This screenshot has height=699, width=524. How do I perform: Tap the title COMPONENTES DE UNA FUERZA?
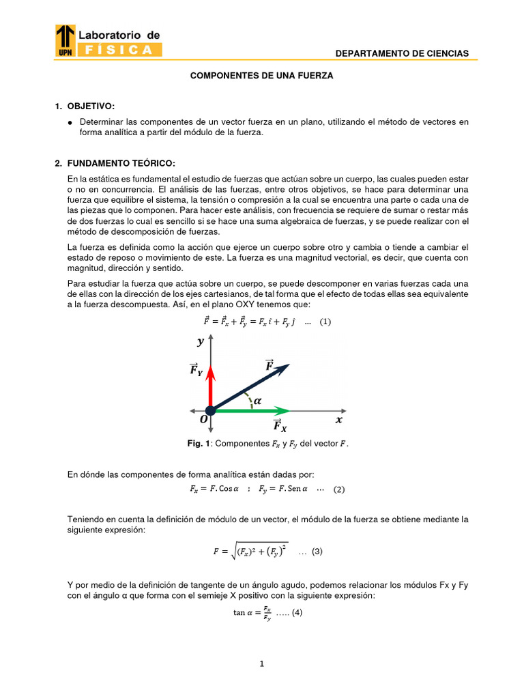pyautogui.click(x=261, y=76)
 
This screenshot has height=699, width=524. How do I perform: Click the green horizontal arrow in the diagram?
pyautogui.click(x=252, y=410)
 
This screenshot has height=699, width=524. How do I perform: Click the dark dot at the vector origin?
pyautogui.click(x=211, y=410)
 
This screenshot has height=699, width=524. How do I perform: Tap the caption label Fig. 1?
pyautogui.click(x=199, y=444)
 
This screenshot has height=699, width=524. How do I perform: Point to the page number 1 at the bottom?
pyautogui.click(x=262, y=664)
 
